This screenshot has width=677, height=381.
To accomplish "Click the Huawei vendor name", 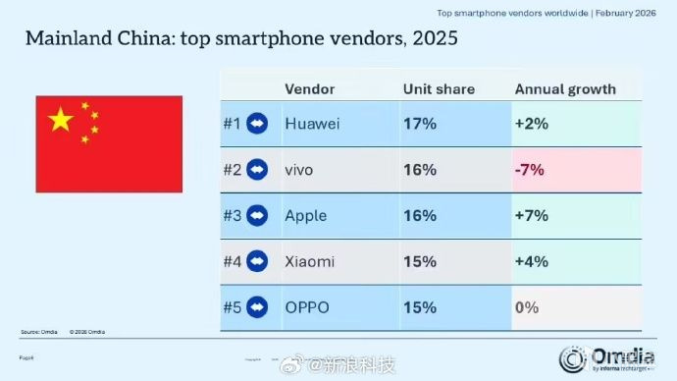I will [311, 124].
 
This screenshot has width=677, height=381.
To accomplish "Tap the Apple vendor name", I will [305, 215].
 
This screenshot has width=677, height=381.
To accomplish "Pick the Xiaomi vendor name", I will [310, 261].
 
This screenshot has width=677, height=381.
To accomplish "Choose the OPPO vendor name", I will [307, 307].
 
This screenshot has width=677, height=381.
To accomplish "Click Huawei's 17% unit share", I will [419, 124].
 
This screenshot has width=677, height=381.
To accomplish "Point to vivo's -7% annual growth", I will [529, 170].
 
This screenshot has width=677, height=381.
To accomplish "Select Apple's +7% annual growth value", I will [531, 215].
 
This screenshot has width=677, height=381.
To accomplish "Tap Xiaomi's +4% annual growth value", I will [531, 261].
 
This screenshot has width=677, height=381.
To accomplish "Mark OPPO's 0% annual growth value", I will [527, 307].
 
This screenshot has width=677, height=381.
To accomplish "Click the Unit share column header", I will [439, 88].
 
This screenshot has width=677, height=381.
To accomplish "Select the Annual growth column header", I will [565, 88].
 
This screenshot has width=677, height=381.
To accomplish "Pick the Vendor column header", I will [308, 88].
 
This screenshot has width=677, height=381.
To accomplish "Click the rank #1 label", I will [233, 124].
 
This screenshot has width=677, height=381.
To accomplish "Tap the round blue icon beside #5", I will [257, 307].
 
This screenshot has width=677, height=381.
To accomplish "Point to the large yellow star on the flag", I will [61, 121].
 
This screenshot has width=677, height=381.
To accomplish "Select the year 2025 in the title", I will [429, 40].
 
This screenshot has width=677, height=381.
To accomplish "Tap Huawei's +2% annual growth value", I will [531, 124].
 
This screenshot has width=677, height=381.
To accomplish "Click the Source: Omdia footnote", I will [40, 332].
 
